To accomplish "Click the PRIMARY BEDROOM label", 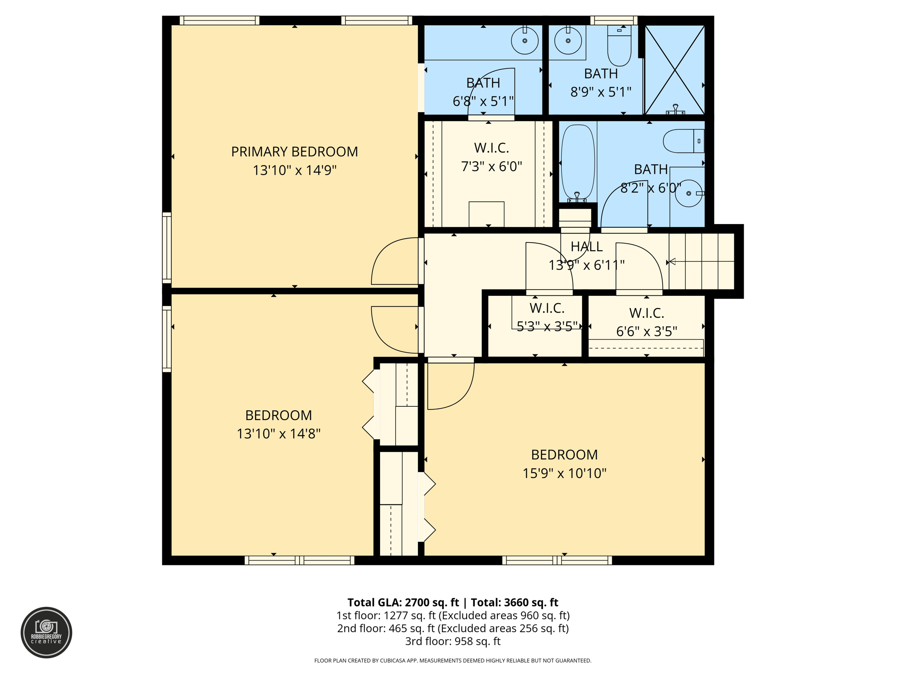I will click(x=294, y=152).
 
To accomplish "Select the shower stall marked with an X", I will click(x=674, y=69).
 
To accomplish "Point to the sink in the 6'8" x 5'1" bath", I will click(x=525, y=41).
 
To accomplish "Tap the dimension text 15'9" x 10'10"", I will click(x=564, y=473).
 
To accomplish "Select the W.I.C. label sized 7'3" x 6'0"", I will click(x=491, y=148).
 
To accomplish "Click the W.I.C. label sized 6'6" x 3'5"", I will click(x=646, y=313).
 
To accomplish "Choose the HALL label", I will click(x=586, y=246).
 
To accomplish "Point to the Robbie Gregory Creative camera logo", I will click(x=46, y=632).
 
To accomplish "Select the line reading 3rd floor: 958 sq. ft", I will click(x=453, y=641).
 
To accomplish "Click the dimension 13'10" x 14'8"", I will click(x=278, y=434).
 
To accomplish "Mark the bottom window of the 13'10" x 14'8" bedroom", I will click(x=299, y=561).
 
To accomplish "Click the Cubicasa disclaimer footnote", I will click(x=453, y=660).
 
